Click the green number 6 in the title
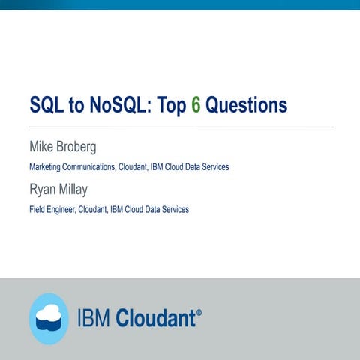(x=196, y=105)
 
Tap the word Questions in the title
(x=247, y=105)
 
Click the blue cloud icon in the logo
(x=49, y=318)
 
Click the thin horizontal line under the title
(x=180, y=127)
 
